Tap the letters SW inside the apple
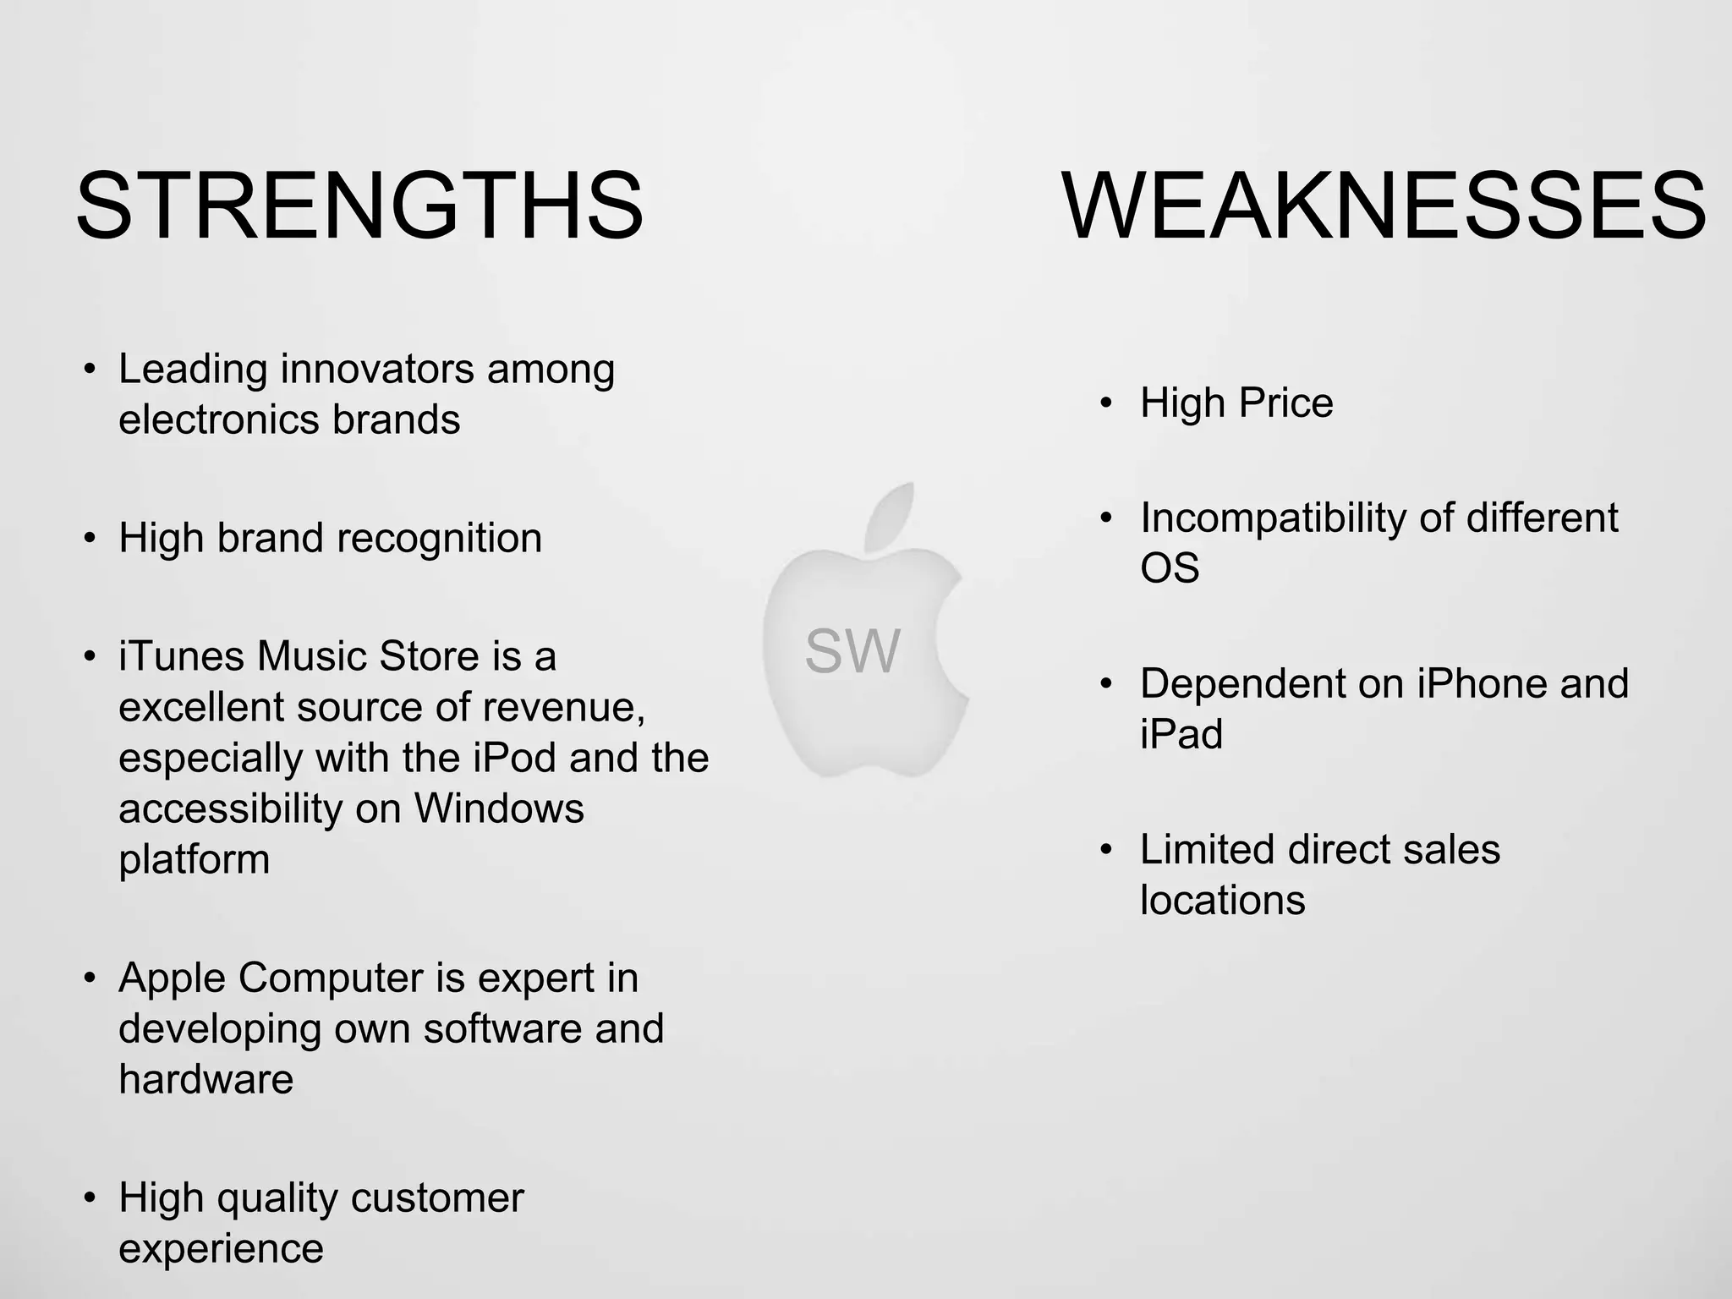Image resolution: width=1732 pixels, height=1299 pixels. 852,651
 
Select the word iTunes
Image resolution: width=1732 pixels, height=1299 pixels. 181,656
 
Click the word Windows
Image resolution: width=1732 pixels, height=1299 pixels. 499,808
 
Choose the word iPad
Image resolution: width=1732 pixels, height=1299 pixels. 1181,734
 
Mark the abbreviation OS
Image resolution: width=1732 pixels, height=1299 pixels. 1170,567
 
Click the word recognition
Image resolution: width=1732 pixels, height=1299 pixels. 439,538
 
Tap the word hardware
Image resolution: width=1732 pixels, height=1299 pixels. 206,1079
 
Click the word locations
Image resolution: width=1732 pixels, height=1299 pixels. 1222,900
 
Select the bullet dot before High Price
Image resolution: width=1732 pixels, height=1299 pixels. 1106,403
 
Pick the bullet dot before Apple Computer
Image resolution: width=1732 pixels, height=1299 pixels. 90,978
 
